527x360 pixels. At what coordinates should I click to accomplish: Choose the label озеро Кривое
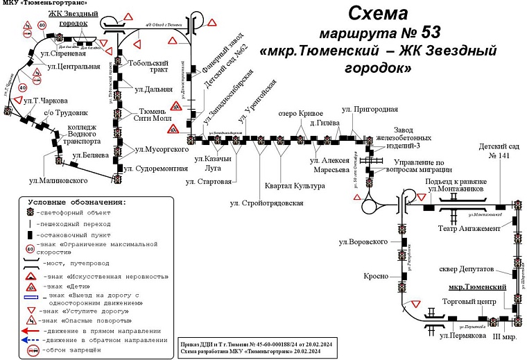click(300, 114)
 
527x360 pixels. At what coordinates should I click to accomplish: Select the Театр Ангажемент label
click(469, 229)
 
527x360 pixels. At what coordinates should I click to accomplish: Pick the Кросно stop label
click(374, 276)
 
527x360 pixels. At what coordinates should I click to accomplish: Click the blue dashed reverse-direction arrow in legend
click(31, 340)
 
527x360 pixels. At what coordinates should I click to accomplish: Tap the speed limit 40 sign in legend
click(31, 248)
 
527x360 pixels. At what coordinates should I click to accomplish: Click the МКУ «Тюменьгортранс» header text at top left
click(45, 5)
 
